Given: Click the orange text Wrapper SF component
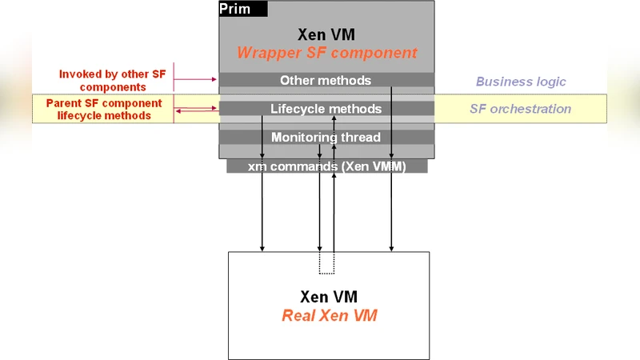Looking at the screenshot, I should click(326, 54).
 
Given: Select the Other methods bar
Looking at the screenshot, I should click(326, 80).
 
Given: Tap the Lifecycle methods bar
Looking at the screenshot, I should click(326, 109).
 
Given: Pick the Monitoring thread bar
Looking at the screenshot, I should click(326, 138).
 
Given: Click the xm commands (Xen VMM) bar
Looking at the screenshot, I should click(326, 166).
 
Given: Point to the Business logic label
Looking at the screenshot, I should click(521, 82).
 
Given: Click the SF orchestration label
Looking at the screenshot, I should click(520, 109).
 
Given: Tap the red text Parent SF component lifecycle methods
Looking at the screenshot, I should click(104, 110).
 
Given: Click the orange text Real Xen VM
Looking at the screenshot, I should click(329, 315).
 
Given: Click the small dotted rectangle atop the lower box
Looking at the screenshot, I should click(326, 263).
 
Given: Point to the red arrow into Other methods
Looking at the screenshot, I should click(196, 79).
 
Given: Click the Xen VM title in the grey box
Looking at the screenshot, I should click(326, 34).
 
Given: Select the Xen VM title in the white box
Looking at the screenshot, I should click(329, 297).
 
